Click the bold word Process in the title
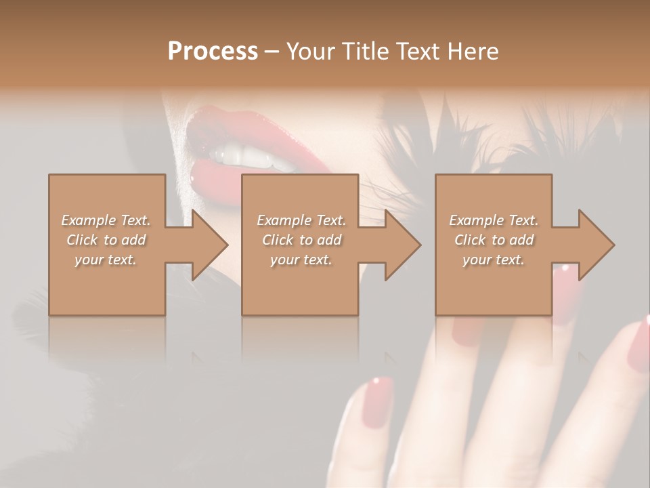pos(213,51)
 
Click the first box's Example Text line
pos(106,220)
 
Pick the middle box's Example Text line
pos(301,220)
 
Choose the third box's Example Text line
pos(494,220)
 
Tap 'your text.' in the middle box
pos(301,260)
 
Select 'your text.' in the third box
pos(494,260)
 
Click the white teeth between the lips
pos(244,157)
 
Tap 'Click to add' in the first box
pos(106,240)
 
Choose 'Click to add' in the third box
pos(494,240)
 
